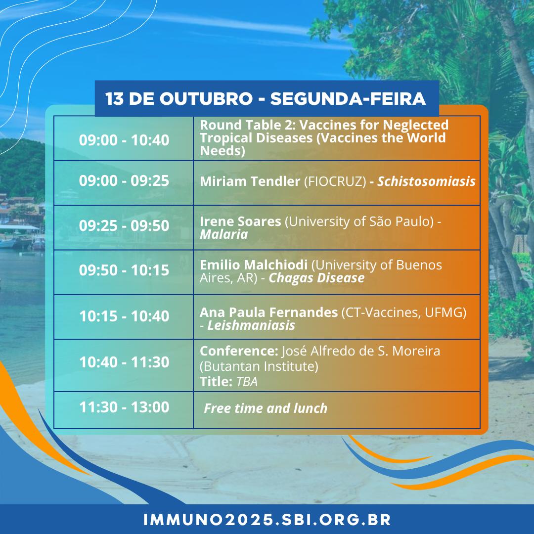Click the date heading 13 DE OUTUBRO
[179, 99]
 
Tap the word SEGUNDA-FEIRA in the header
[348, 99]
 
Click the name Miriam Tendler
[250, 181]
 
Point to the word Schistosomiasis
[426, 181]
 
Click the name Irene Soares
[240, 222]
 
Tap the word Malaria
[224, 234]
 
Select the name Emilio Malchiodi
[254, 265]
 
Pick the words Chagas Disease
[317, 278]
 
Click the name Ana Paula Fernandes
[268, 312]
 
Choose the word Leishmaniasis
[251, 325]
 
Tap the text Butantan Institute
[259, 366]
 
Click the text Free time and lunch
[266, 408]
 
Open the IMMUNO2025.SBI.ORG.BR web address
[267, 520]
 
